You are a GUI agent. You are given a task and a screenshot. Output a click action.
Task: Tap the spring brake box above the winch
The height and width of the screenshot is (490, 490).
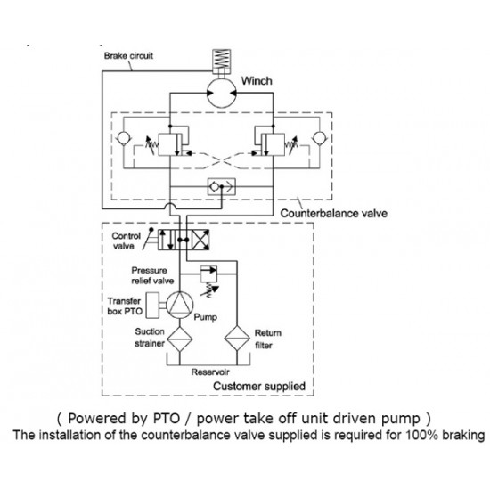pyautogui.click(x=222, y=61)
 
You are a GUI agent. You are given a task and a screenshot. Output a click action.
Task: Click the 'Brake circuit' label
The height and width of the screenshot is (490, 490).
pyautogui.click(x=128, y=56)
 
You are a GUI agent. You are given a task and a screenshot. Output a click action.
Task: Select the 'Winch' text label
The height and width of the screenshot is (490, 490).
pyautogui.click(x=257, y=81)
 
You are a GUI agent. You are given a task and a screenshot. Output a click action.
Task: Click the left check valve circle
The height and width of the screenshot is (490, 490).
pyautogui.click(x=124, y=138)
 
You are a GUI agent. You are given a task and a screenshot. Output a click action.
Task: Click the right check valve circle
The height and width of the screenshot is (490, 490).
pyautogui.click(x=320, y=138)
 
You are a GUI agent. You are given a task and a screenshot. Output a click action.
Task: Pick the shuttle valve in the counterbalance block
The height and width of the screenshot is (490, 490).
pyautogui.click(x=222, y=187)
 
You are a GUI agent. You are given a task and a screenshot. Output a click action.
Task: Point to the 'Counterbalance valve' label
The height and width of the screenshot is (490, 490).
pyautogui.click(x=334, y=214)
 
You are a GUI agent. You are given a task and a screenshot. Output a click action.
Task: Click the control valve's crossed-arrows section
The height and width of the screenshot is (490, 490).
pyautogui.click(x=200, y=240)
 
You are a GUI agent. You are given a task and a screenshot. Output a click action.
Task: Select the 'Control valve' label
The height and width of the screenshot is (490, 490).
pyautogui.click(x=126, y=241)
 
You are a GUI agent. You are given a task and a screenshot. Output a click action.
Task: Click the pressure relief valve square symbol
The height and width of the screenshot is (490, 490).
pyautogui.click(x=208, y=274)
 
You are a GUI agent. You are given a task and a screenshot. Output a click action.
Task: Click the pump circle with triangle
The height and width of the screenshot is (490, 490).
pyautogui.click(x=180, y=305)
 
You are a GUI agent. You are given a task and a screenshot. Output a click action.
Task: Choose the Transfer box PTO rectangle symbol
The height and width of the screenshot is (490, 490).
pyautogui.click(x=153, y=306)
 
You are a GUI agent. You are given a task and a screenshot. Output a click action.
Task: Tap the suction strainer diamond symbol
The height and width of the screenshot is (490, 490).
pyautogui.click(x=180, y=339)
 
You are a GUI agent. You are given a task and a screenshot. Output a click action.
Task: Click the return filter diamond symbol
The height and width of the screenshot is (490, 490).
pyautogui.click(x=237, y=339)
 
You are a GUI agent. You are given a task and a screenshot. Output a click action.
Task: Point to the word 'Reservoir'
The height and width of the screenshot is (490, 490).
pyautogui.click(x=210, y=372)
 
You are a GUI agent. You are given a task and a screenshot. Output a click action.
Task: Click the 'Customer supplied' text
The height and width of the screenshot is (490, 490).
pyautogui.click(x=259, y=387)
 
